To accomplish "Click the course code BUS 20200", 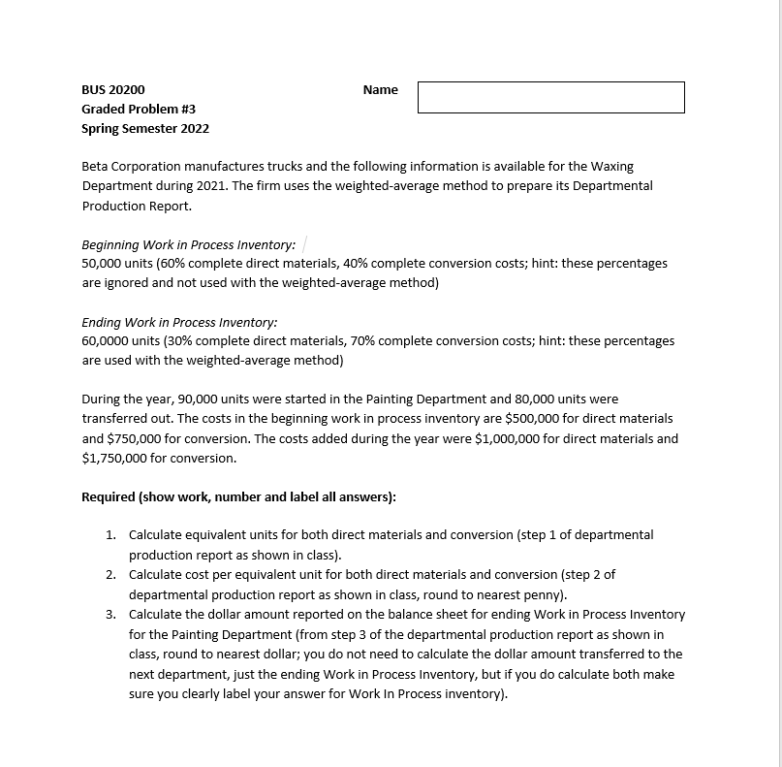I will coord(113,89).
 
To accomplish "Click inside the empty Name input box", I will coord(550,97).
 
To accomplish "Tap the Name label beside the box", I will coord(380,89).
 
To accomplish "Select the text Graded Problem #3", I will coord(139,109).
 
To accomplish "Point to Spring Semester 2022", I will coord(145,128).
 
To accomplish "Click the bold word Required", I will coord(109,496).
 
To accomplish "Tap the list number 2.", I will coord(111,574).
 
